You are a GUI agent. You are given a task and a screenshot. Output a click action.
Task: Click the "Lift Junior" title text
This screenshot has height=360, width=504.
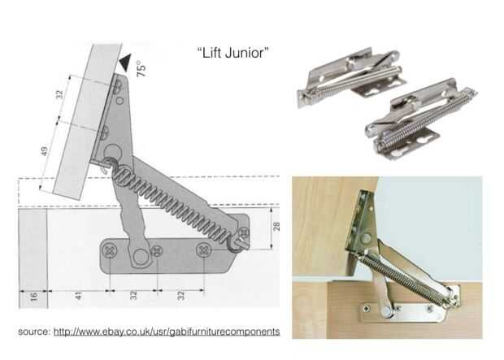click(232, 53)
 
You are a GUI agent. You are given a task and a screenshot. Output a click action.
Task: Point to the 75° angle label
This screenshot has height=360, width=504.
click(141, 69)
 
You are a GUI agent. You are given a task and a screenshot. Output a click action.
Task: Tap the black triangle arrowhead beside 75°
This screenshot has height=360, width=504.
click(126, 63)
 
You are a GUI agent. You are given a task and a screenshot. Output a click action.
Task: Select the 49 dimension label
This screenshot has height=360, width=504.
click(45, 151)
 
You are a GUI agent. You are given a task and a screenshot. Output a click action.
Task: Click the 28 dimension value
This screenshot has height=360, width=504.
click(276, 226)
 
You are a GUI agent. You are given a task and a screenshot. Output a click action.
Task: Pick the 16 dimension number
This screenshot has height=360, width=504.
click(34, 296)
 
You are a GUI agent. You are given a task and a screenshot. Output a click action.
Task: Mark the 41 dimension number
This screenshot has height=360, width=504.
click(78, 296)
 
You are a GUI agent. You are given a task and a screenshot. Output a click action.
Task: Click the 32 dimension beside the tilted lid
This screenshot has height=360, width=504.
click(59, 95)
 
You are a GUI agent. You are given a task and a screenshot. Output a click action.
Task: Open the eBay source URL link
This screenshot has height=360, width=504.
click(167, 332)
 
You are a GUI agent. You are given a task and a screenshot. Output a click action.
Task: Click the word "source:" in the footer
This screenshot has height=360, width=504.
click(34, 332)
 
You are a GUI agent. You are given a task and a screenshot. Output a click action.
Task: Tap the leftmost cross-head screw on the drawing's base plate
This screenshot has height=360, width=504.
click(110, 250)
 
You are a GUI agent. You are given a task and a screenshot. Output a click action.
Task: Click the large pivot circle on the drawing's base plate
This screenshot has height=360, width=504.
click(141, 257)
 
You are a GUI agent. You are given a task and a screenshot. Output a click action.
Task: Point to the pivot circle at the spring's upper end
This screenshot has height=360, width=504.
click(112, 152)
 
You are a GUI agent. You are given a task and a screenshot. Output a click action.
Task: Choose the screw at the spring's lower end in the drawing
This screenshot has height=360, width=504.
click(243, 232)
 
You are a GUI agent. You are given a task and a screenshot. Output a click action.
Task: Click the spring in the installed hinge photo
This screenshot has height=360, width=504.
click(407, 279)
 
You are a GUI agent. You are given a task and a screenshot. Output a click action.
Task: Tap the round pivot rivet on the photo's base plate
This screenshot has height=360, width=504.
click(388, 311)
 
